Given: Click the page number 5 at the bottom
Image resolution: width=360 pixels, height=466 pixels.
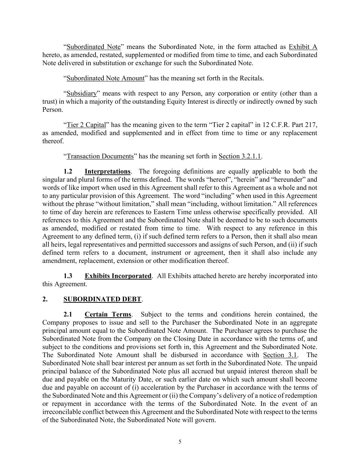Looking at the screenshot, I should (180, 442).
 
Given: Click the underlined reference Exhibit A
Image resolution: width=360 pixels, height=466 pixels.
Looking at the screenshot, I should (303, 47).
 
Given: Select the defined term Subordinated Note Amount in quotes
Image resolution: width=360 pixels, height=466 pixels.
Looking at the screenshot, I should (105, 78).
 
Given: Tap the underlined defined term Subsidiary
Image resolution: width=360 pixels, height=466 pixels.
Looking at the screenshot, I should (82, 94).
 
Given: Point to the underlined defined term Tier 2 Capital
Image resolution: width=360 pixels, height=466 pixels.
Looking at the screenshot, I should (86, 125).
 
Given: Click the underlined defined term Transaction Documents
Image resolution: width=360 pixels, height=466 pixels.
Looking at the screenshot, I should (100, 156).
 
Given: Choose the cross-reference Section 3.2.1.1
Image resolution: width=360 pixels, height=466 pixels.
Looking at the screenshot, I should (240, 156).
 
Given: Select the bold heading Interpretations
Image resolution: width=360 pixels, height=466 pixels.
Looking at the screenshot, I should (107, 171).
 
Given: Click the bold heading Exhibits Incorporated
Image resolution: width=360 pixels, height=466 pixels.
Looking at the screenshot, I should (118, 276).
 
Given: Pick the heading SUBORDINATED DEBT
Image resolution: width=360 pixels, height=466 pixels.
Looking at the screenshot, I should (102, 299).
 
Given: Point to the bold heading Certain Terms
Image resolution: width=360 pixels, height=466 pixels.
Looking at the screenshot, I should (108, 314).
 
